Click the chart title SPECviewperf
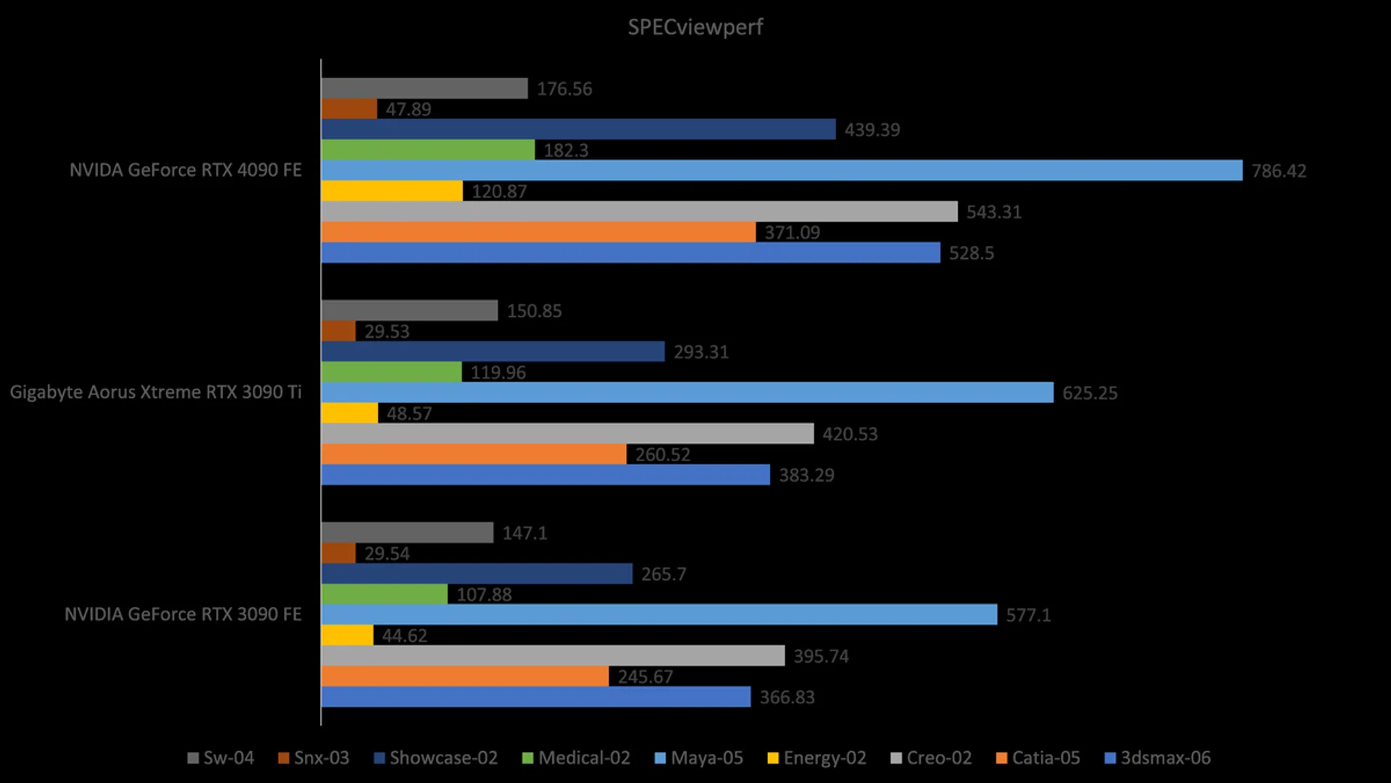point(695,28)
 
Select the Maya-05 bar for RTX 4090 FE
point(781,170)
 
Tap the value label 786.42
point(1279,171)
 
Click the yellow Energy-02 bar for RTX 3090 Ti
point(349,413)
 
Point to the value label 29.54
point(387,554)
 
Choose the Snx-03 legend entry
point(314,758)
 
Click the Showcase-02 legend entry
point(435,758)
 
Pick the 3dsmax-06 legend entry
point(1157,758)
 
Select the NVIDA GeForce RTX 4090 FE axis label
point(185,170)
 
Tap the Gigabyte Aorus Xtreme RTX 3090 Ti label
point(156,392)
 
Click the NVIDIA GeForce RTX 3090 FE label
point(183,614)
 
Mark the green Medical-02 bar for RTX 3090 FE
point(384,594)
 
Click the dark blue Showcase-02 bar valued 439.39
point(578,130)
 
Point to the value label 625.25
point(1090,393)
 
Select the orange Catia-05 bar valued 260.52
point(474,455)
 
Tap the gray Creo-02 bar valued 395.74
point(553,656)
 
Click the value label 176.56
point(564,89)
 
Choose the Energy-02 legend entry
point(816,758)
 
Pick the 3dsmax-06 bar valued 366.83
point(535,697)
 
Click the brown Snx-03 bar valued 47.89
point(348,109)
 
